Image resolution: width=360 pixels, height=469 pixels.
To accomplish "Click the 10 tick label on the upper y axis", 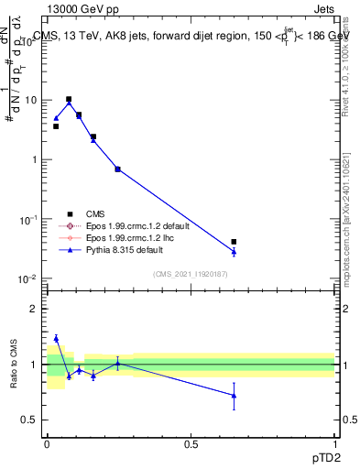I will [30, 100].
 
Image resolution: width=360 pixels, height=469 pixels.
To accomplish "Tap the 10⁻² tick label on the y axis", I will [28, 279].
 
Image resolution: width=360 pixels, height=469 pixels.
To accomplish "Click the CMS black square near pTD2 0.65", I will [234, 242].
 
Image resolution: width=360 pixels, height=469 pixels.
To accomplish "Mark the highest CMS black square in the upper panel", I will [69, 99].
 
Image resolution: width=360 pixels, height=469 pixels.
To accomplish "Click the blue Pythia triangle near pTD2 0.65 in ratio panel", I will [234, 396].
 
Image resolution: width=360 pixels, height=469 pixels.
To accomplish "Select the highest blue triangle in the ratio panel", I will [56, 338].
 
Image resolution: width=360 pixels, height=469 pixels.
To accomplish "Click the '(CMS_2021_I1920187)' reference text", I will [191, 273].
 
